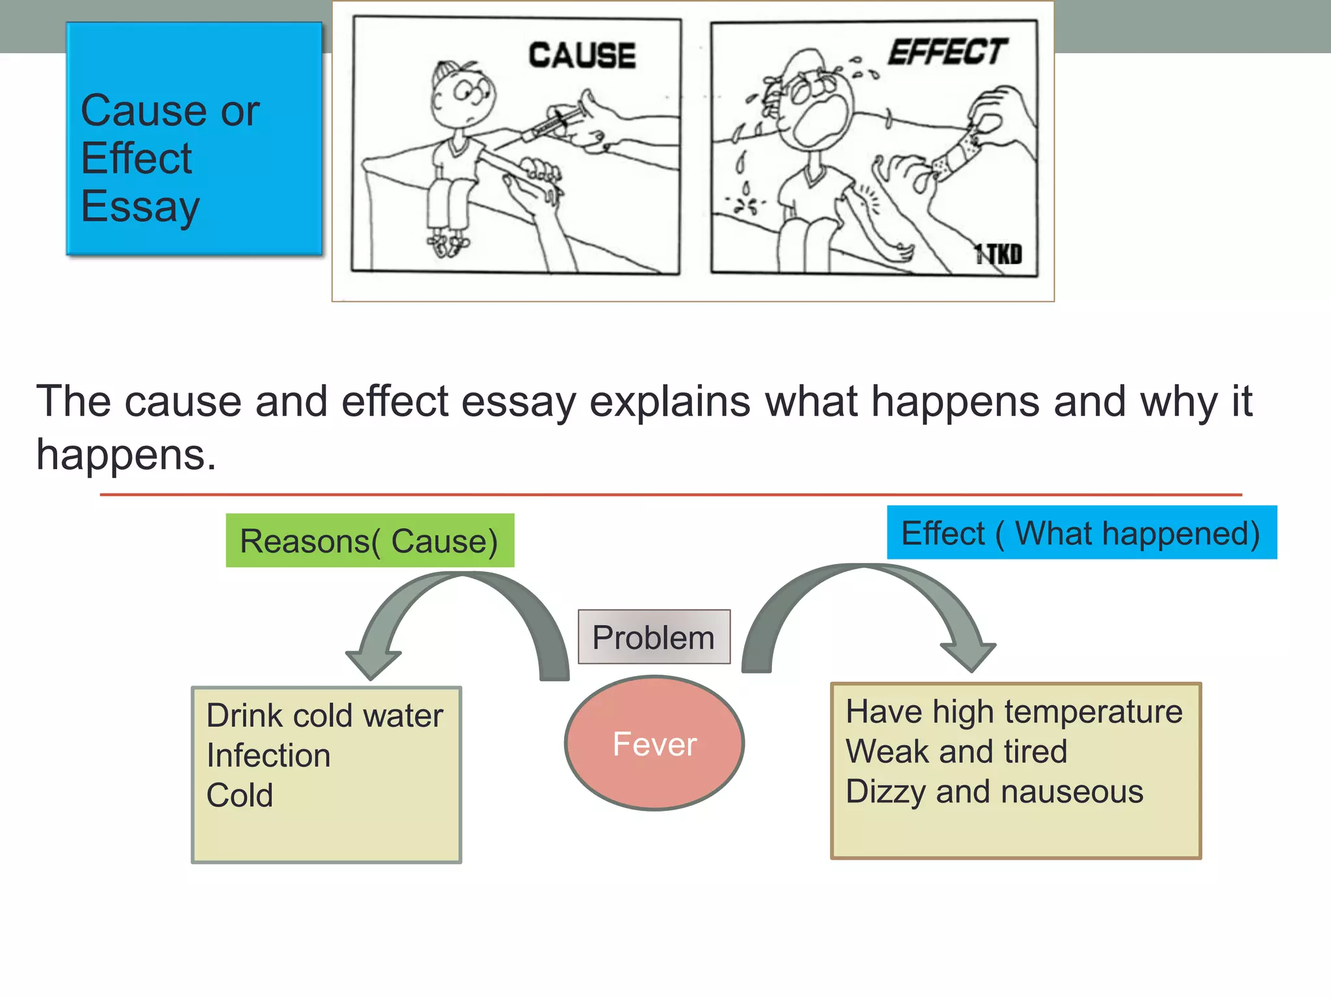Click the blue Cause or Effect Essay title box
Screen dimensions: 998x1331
click(194, 138)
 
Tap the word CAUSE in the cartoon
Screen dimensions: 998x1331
click(582, 55)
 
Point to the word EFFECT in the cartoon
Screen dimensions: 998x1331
click(947, 52)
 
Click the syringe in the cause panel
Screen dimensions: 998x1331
click(552, 123)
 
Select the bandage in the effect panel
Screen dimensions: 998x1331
click(956, 156)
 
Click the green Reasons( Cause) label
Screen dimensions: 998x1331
click(370, 541)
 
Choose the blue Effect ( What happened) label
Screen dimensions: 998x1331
click(1081, 533)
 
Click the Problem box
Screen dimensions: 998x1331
click(654, 637)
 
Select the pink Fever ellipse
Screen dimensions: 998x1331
click(654, 743)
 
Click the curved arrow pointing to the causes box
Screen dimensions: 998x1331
click(455, 617)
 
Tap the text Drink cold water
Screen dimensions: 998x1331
click(324, 715)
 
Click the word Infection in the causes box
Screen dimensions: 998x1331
click(268, 755)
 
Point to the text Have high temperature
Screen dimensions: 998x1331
click(1014, 711)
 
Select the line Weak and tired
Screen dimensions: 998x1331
click(956, 752)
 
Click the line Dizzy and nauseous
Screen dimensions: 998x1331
click(994, 792)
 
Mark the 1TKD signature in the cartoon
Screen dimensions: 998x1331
click(998, 254)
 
